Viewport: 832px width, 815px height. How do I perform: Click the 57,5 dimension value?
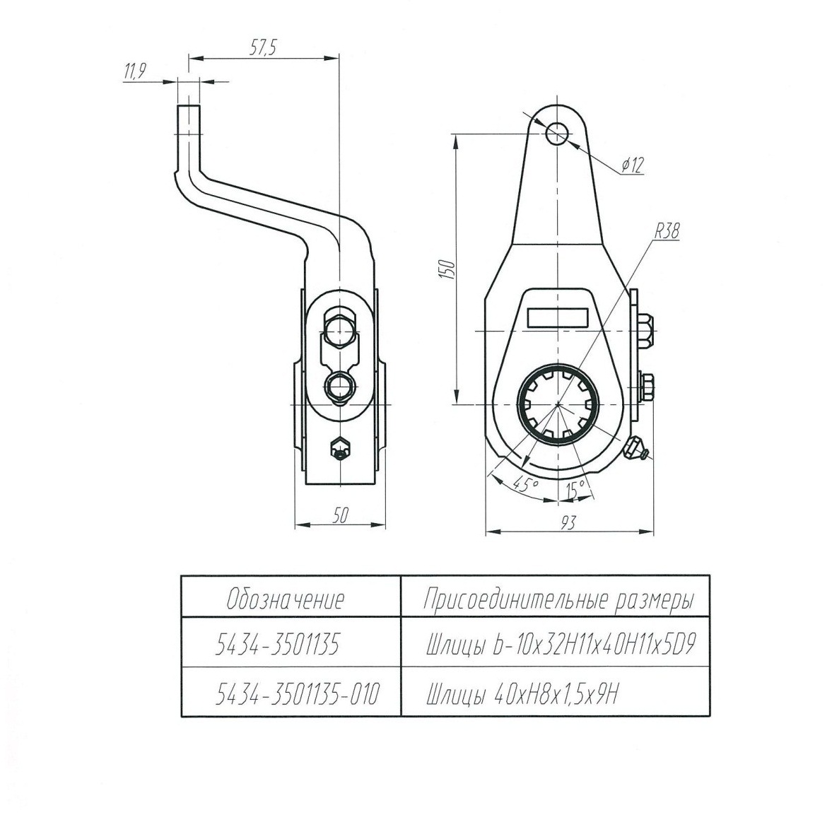point(263,48)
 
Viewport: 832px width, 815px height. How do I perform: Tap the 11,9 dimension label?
point(135,71)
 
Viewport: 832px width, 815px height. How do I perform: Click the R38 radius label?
point(667,231)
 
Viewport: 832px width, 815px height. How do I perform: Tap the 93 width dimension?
point(568,522)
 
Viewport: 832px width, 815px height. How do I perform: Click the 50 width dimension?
point(340,516)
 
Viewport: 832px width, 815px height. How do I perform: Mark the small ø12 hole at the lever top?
point(556,133)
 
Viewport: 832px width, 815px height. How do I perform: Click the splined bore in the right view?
point(558,404)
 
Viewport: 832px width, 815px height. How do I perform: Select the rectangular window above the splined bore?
point(558,317)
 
